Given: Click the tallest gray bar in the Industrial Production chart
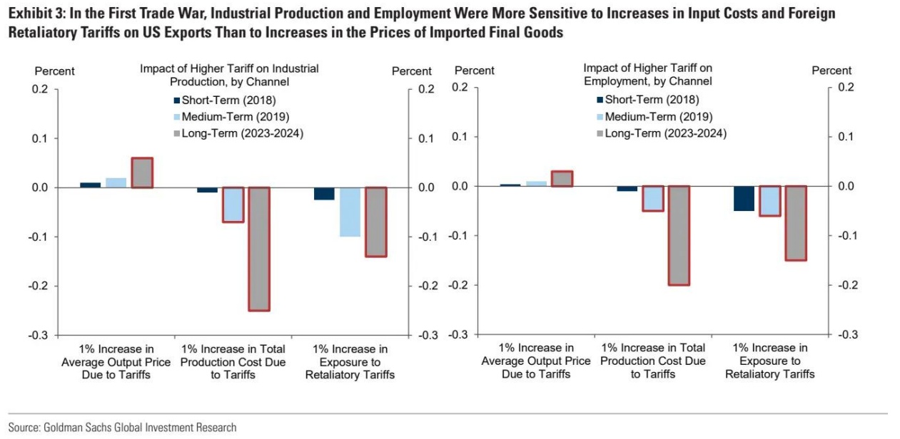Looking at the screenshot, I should [x=259, y=249].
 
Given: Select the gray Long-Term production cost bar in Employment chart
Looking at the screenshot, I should [x=679, y=235].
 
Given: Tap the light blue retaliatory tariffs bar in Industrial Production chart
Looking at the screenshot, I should [x=350, y=212].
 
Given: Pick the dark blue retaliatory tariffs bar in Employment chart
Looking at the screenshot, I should [x=744, y=198].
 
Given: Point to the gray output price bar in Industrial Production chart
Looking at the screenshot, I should [x=141, y=172].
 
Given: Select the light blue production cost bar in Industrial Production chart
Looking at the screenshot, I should [x=233, y=205].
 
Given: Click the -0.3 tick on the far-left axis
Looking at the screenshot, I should [x=39, y=335].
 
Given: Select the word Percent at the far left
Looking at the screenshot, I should [x=54, y=71].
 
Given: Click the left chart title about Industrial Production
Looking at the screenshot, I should [x=229, y=75].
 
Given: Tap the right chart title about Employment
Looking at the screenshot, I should [x=647, y=74].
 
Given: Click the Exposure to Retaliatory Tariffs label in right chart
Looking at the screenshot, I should [x=769, y=361].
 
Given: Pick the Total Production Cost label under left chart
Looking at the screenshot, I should [x=233, y=362].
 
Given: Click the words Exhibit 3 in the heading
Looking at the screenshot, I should [x=34, y=14].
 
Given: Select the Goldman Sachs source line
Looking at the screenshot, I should [x=122, y=427].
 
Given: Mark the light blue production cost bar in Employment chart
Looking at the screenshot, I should [x=652, y=198].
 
